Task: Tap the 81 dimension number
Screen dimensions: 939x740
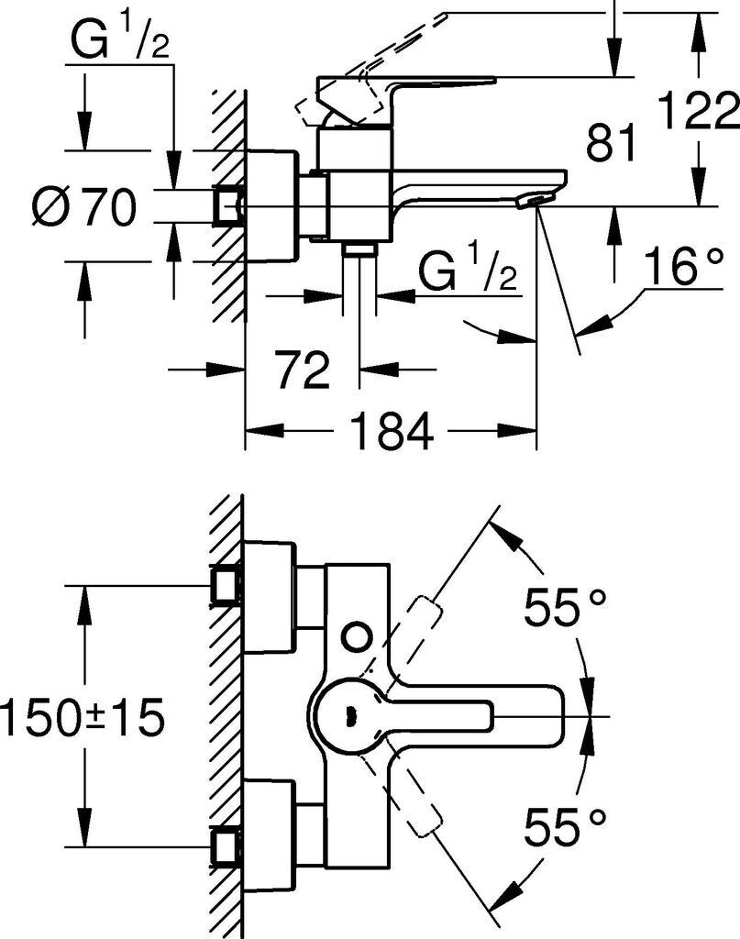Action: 611,144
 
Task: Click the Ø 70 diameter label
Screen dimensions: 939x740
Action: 83,208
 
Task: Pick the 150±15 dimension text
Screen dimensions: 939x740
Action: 83,718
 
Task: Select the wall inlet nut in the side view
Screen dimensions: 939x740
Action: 227,207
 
